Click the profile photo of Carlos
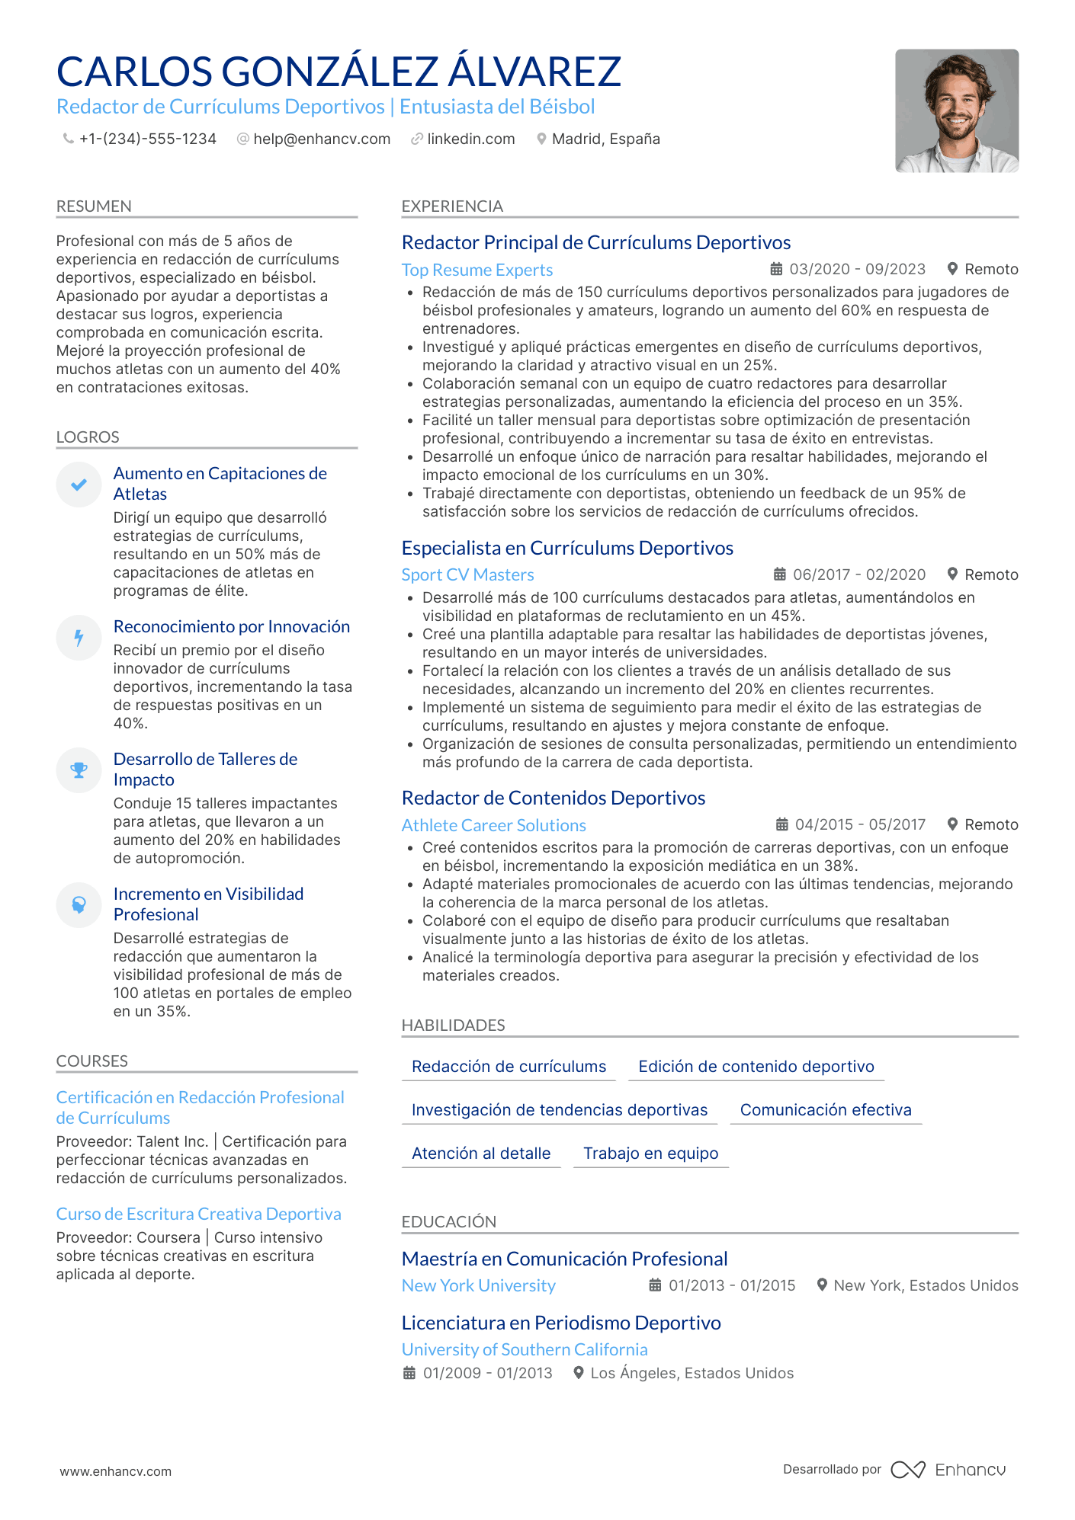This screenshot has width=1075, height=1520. click(956, 111)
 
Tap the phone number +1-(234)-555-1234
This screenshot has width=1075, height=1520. click(147, 139)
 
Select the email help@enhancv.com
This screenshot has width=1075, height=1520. click(321, 139)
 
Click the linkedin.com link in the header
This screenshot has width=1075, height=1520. click(470, 139)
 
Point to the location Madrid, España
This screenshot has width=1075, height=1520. click(605, 139)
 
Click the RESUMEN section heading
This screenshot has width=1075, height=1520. click(94, 206)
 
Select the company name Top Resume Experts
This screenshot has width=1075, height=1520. click(477, 270)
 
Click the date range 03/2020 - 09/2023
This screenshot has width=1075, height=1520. click(857, 270)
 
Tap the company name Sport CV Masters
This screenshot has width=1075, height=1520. click(467, 575)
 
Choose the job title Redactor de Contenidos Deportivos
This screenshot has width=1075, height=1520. click(554, 798)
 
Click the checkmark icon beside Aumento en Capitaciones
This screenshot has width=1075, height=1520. click(79, 485)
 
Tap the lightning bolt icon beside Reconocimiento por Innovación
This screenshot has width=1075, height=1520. click(79, 638)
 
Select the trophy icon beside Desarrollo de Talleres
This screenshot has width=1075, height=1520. click(79, 770)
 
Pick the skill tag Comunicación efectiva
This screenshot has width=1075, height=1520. click(826, 1110)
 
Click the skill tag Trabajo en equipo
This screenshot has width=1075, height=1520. click(650, 1154)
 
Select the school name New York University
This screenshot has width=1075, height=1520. click(479, 1286)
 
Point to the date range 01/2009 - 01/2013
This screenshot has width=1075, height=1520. click(487, 1374)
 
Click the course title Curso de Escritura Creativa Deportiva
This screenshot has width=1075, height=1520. click(199, 1214)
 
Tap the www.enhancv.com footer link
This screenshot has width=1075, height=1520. click(116, 1472)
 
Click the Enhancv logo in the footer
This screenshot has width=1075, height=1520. click(948, 1470)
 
